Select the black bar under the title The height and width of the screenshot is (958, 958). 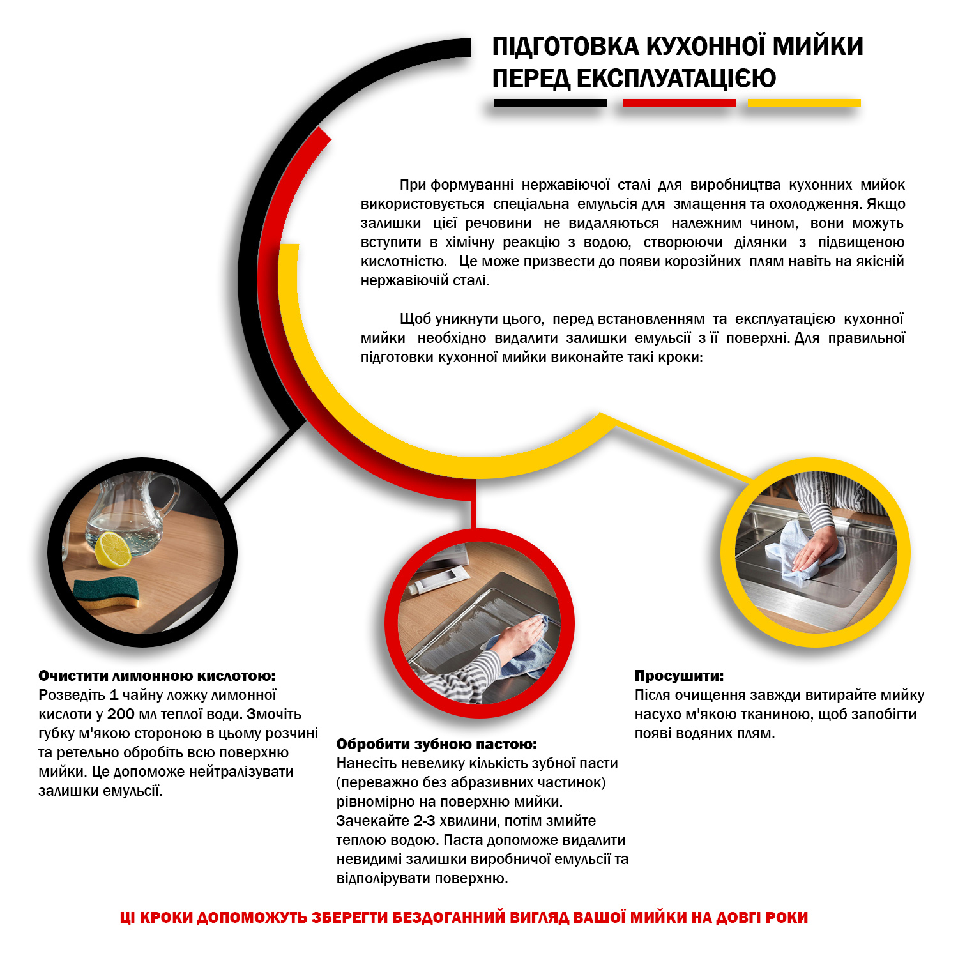click(551, 103)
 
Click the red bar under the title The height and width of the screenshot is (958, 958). click(679, 103)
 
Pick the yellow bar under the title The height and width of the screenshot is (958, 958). click(804, 103)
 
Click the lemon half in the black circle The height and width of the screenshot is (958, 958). click(113, 549)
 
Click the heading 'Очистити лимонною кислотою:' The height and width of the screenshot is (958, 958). click(157, 676)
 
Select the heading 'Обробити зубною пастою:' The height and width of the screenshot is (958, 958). click(437, 744)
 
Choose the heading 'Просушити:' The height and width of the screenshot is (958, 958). click(679, 676)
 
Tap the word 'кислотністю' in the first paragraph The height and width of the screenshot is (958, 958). click(403, 261)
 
